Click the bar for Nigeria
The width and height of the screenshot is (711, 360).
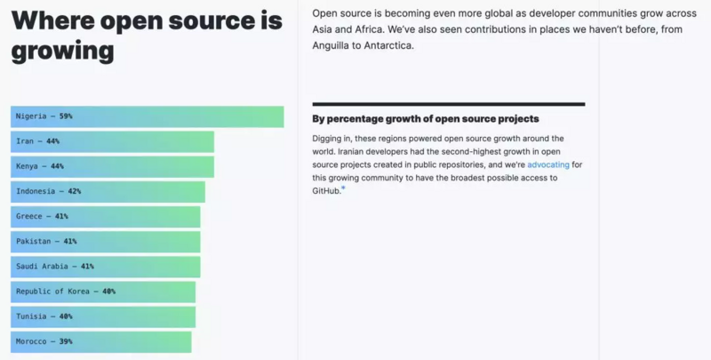[147, 116]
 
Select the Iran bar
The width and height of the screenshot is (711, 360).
[112, 141]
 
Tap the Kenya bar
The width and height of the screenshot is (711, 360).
[112, 166]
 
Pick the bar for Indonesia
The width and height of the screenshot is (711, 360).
[108, 191]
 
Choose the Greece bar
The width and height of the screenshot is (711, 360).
[105, 216]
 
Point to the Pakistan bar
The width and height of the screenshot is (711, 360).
[105, 241]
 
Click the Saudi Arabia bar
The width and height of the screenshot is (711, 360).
[105, 266]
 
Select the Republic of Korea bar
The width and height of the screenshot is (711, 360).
[103, 291]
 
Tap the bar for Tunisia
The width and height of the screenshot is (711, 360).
[103, 316]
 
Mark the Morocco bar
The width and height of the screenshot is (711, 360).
[100, 341]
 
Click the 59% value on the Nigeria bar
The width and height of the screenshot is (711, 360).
[66, 116]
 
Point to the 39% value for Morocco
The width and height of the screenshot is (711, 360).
[66, 341]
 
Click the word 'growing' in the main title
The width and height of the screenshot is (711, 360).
[62, 51]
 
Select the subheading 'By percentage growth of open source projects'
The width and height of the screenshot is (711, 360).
[426, 119]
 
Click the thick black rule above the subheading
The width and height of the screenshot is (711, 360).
[448, 104]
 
